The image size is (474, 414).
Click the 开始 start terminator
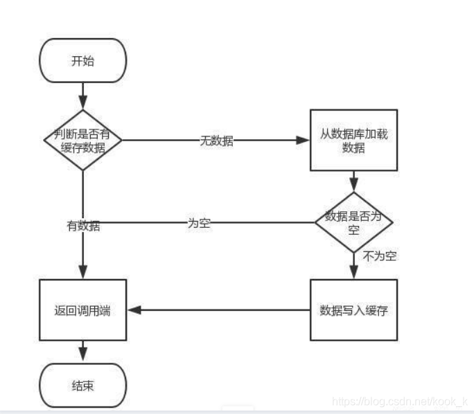83,60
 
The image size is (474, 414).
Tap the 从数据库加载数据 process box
353,140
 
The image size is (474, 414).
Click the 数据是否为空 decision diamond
353,222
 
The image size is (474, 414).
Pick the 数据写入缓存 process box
353,309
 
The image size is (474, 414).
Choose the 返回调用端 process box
83,310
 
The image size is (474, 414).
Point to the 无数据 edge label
216,141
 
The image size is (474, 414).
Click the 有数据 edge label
83,225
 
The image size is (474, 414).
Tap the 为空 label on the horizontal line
200,224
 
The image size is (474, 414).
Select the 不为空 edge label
380,257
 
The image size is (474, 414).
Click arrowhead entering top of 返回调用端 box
83,274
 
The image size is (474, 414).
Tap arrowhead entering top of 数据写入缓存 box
353,274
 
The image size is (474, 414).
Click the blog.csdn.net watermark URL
401,401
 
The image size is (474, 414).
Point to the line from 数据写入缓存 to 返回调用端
222,310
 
